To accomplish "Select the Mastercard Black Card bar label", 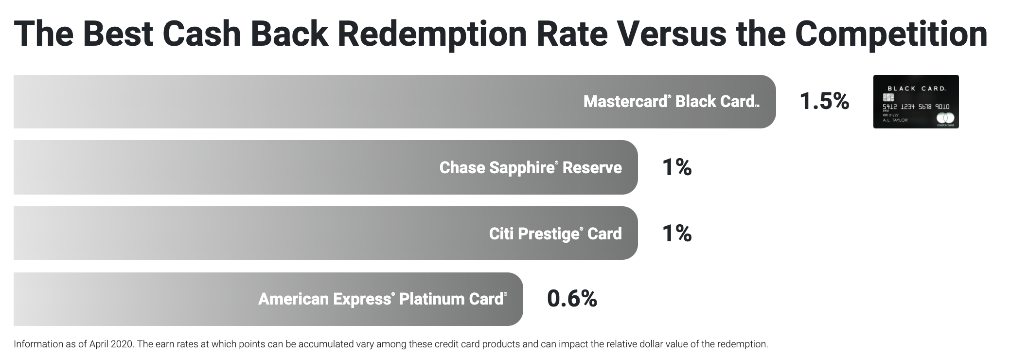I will pos(671,102).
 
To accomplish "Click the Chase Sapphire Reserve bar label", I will pos(531,167).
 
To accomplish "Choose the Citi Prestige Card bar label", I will pos(555,234).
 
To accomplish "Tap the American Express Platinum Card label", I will pos(383,299).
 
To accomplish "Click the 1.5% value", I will pos(824,101).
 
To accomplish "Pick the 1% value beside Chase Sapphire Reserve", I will pos(677,167).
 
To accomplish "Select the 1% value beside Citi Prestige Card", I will pos(677,234).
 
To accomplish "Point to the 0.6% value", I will pos(572,299).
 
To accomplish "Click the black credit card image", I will pos(916,102).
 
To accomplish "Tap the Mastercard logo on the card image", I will pos(945,118).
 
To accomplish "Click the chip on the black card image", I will pos(888,97).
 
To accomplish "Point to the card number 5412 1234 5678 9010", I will pos(916,107).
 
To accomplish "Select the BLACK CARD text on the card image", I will pos(917,89).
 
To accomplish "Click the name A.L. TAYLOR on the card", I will pos(895,120).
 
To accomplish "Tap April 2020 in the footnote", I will pos(111,344).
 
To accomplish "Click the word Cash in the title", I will pos(202,34).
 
